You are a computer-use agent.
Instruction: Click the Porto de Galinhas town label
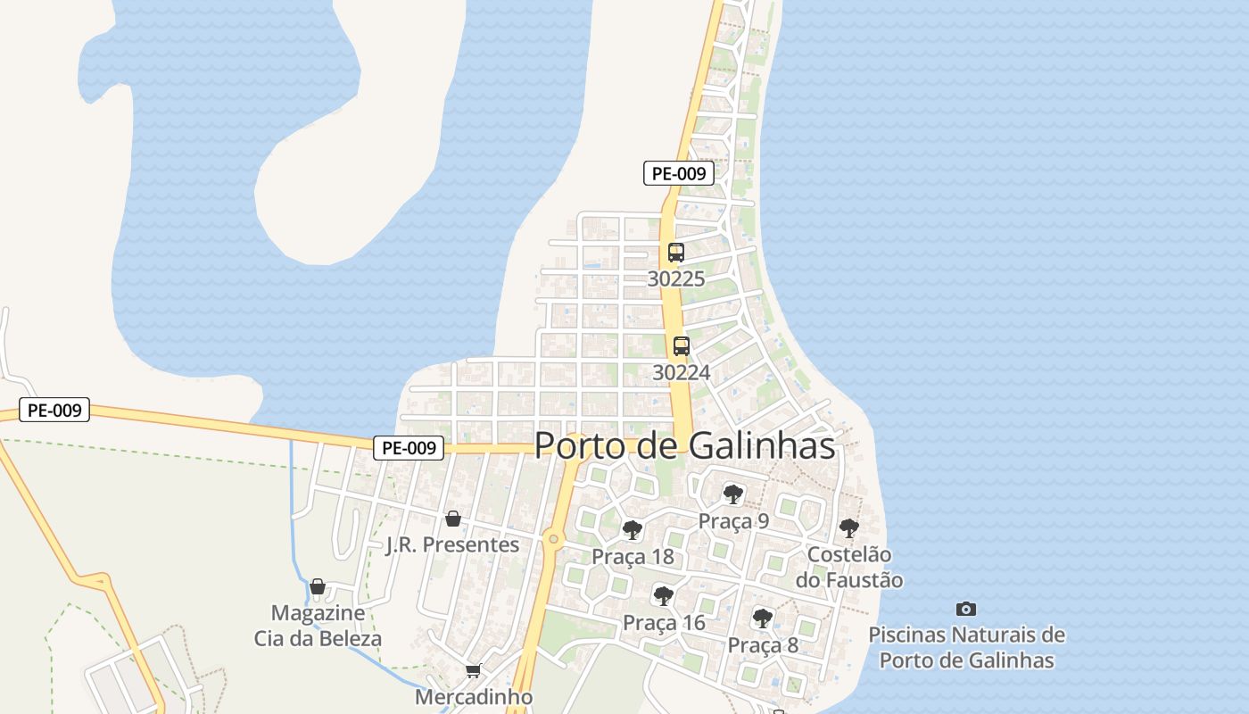684,446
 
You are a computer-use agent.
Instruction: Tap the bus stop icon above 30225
676,253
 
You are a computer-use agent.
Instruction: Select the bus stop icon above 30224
682,346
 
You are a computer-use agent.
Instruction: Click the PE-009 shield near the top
679,173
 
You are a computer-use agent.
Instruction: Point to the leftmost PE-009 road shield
54,411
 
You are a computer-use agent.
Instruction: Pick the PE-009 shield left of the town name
408,448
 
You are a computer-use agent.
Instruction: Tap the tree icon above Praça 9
733,494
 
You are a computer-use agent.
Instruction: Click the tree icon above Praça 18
633,530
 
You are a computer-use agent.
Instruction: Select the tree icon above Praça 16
663,595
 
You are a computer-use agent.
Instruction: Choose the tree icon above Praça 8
762,618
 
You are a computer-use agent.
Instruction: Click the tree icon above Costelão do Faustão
849,527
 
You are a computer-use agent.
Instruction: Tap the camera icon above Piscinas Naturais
966,610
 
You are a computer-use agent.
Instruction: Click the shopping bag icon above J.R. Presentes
453,519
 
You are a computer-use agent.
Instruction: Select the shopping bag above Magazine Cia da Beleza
318,586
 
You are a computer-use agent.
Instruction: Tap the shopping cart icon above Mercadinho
473,670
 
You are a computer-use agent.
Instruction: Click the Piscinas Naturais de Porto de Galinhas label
966,648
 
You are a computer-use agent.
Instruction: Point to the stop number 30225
676,278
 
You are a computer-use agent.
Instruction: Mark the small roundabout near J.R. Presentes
554,539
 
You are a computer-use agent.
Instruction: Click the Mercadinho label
474,696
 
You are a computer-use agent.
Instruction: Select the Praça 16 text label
664,623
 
